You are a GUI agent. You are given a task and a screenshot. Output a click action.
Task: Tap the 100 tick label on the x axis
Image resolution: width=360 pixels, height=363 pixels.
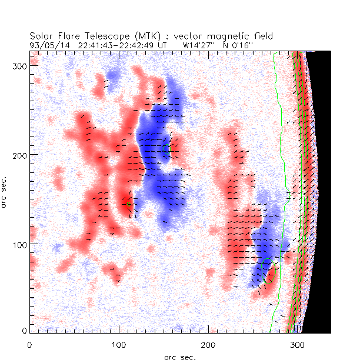(x=119, y=344)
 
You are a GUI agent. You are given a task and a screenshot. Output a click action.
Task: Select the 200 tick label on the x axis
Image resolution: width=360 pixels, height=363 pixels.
(x=208, y=344)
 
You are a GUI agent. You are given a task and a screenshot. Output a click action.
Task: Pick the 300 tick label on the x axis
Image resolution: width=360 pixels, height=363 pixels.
(x=297, y=344)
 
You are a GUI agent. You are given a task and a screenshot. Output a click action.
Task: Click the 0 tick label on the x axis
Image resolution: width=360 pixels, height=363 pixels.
(x=29, y=344)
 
